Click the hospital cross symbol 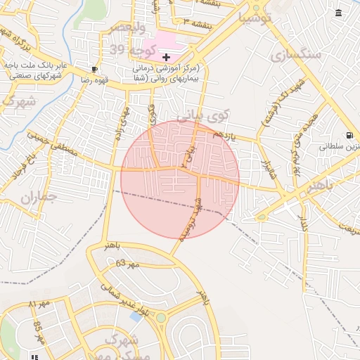click(x=166, y=56)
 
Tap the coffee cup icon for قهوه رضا click(x=95, y=69)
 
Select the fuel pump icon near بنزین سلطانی click(x=349, y=135)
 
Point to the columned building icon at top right click(x=340, y=13)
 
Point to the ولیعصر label click(x=127, y=28)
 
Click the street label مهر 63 click(x=130, y=263)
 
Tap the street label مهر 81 click(x=41, y=303)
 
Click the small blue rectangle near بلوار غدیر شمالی click(x=135, y=316)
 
